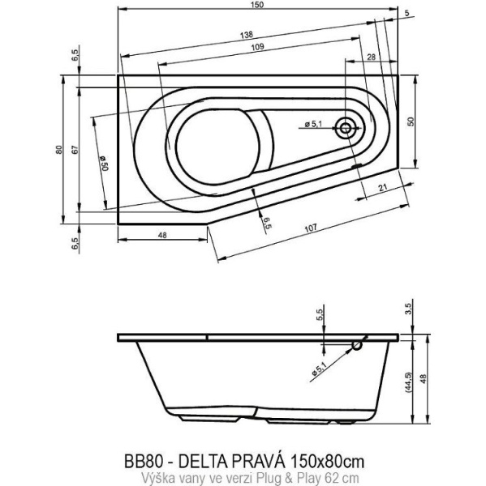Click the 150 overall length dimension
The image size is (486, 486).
point(259,6)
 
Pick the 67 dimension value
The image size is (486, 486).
point(74,149)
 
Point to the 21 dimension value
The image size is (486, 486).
point(381,189)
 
